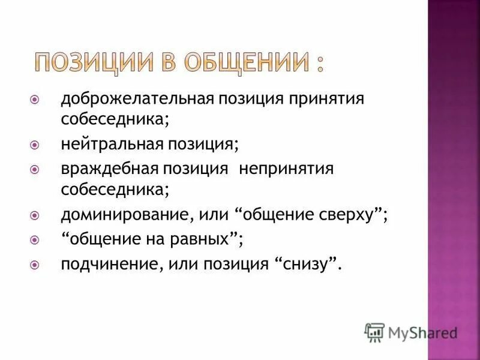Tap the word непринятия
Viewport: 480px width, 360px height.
tap(286, 169)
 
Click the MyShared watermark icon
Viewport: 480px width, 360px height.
tap(374, 332)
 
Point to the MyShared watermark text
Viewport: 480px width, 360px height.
tap(422, 332)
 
